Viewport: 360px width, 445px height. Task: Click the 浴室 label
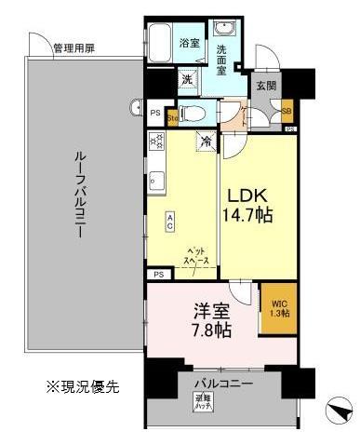coord(190,43)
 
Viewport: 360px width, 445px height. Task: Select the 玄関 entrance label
coord(266,85)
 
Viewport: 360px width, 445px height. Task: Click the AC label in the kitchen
coord(171,222)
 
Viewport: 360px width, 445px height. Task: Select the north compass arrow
coord(340,410)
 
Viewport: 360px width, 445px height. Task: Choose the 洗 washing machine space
coord(187,80)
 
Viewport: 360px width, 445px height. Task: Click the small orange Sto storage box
coord(172,117)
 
